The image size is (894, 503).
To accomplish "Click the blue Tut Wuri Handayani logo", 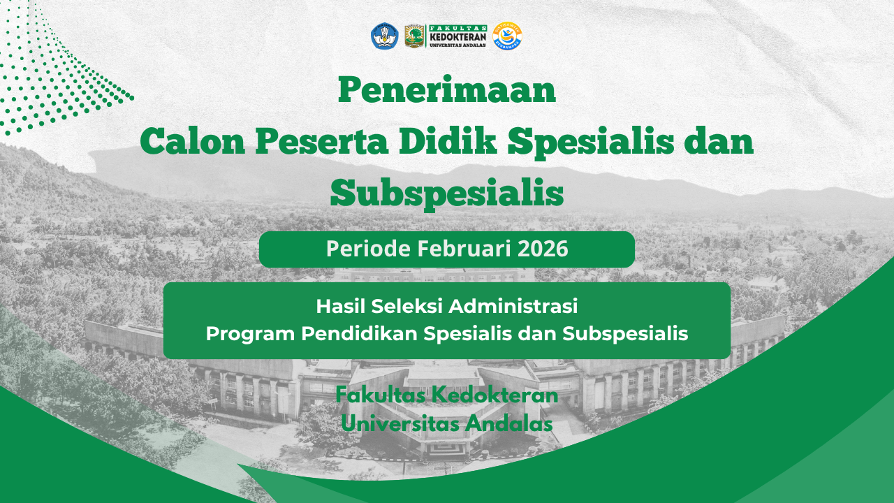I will (x=384, y=36).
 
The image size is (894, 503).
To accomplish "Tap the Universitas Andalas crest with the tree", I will (x=414, y=36).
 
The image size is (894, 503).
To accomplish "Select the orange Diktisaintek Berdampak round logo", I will (x=507, y=36).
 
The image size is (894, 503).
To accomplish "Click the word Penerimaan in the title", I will (x=447, y=90).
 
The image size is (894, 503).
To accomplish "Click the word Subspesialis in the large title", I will (x=447, y=194).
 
